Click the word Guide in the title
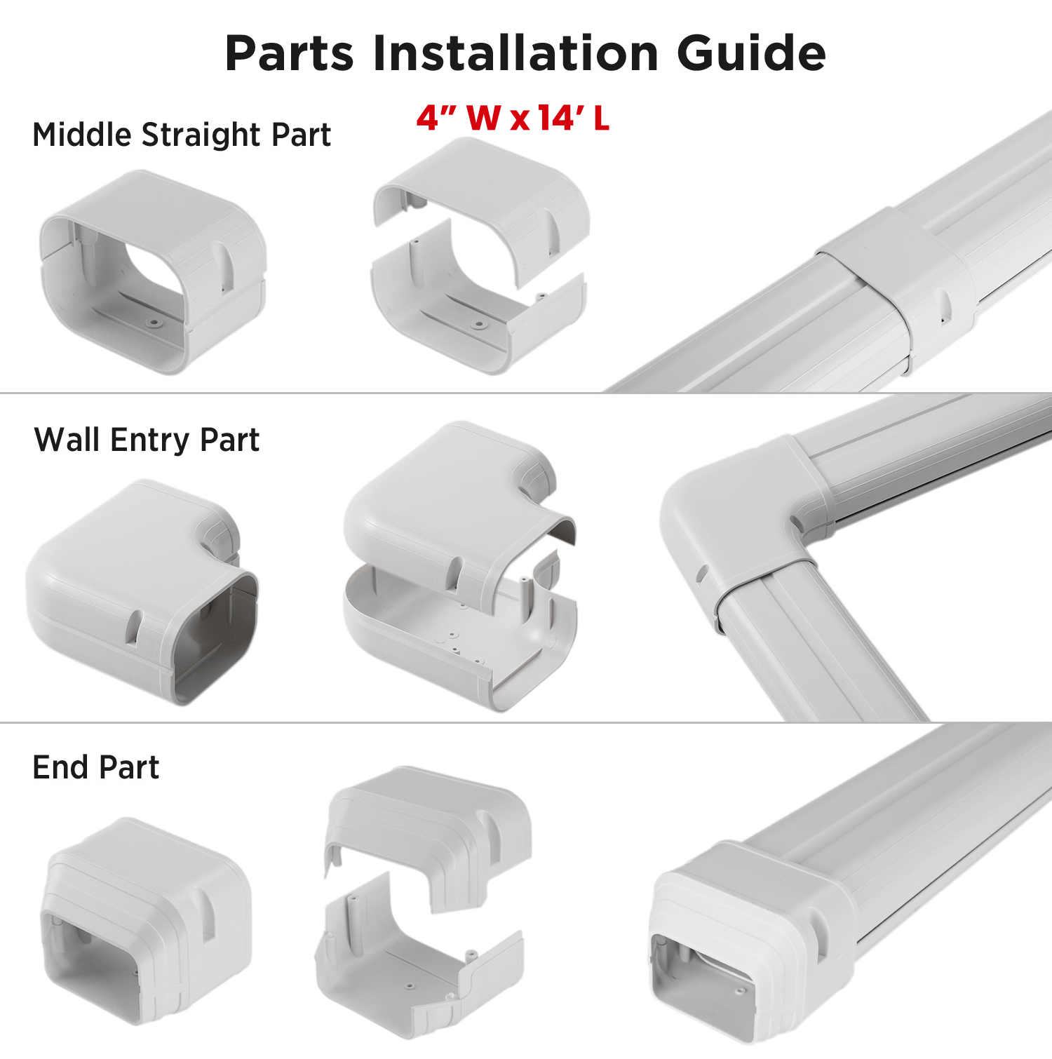(751, 53)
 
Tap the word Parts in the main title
(290, 53)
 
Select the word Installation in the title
(515, 53)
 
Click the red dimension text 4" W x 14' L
(513, 118)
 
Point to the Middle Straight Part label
(182, 135)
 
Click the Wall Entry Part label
(147, 440)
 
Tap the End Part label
(96, 767)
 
